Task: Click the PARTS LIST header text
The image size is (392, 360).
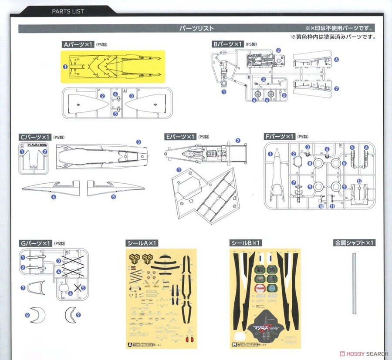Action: [68, 11]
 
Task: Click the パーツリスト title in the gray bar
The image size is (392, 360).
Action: [196, 29]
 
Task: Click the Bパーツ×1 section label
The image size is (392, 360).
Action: [227, 44]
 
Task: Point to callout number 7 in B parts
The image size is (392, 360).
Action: [336, 88]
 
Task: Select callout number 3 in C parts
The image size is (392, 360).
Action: [139, 142]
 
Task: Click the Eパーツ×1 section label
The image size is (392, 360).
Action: [180, 137]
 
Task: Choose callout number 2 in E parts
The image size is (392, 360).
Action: [238, 140]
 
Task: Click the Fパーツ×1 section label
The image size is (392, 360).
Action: [279, 137]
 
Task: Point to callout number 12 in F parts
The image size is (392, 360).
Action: [359, 181]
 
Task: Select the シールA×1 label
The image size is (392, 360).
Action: [142, 243]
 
